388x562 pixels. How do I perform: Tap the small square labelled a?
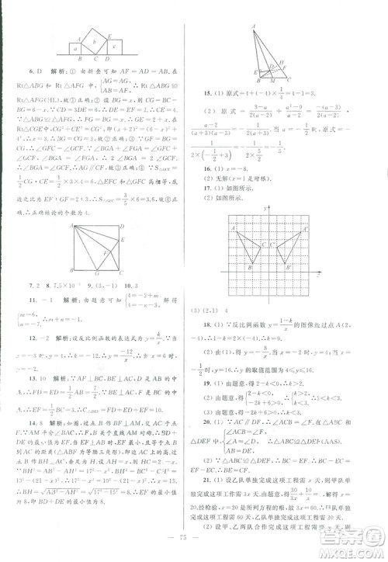74,47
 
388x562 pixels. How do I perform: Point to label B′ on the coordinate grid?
291,267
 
